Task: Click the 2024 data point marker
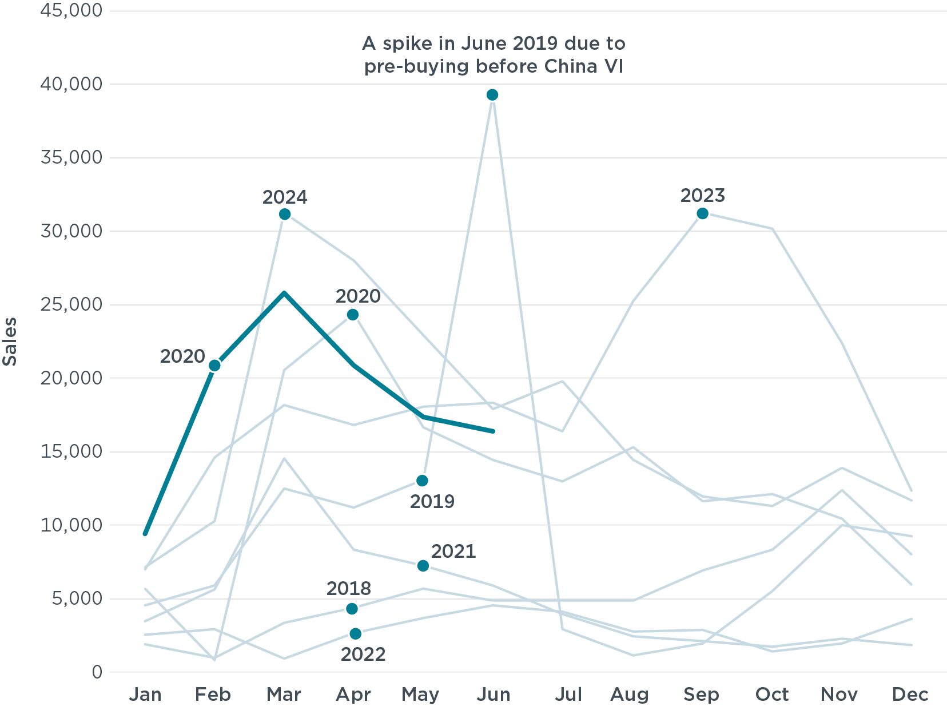point(285,215)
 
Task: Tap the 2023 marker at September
point(702,213)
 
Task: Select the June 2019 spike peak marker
point(492,95)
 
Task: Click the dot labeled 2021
point(423,566)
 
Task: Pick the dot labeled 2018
point(352,609)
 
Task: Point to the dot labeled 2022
point(356,633)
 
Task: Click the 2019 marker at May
point(422,481)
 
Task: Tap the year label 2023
point(702,196)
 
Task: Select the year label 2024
point(285,197)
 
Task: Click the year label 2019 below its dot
point(432,502)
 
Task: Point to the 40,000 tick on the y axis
point(71,84)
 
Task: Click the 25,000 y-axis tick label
point(71,304)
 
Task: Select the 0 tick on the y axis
point(97,672)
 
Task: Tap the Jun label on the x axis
point(493,695)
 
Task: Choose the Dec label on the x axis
point(910,695)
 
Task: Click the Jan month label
point(145,695)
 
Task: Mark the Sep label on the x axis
point(701,695)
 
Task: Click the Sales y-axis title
point(10,342)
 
